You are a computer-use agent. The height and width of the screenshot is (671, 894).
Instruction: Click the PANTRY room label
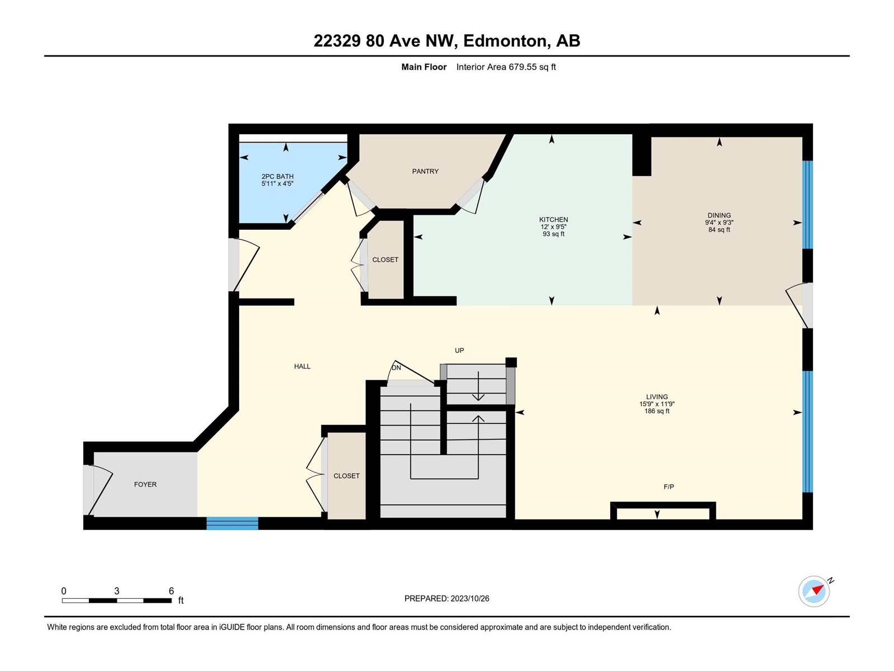425,172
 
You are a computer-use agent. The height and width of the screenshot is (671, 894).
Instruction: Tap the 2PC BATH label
277,176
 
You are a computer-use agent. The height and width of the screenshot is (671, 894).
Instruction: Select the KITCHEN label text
553,220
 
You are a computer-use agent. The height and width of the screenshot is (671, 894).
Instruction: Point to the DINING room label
719,215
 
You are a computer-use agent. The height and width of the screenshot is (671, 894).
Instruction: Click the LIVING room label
657,397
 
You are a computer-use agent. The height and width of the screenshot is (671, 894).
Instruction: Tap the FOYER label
145,484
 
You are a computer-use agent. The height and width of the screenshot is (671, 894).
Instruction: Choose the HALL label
302,367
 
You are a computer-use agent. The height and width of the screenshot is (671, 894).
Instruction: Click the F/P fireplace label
668,487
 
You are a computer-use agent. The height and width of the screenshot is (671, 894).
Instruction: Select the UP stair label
459,351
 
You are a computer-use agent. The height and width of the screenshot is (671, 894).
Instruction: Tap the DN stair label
396,368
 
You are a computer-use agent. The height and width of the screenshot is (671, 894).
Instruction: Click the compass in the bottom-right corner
814,592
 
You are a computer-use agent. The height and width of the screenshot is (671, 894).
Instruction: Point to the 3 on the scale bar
116,591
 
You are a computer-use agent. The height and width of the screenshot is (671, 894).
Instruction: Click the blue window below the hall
232,523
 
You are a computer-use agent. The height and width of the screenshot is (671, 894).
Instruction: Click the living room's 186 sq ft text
657,412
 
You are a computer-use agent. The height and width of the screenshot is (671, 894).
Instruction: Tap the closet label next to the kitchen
385,260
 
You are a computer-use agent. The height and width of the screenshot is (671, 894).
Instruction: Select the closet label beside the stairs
346,476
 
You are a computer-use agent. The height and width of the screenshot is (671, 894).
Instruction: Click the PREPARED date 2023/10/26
469,598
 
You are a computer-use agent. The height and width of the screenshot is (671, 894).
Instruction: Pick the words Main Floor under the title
424,67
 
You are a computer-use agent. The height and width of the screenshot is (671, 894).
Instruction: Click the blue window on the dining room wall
807,205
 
